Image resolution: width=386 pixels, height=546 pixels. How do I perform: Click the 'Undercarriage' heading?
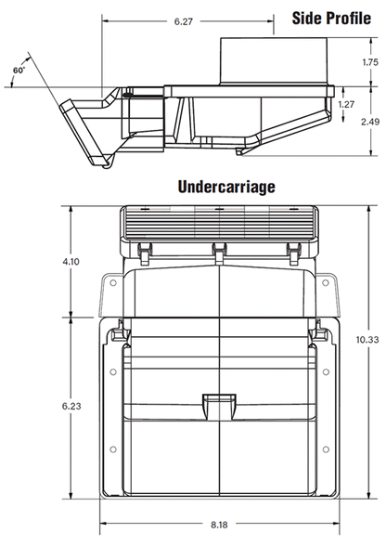point(226,187)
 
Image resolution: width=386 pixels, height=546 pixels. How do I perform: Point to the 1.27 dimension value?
point(346,104)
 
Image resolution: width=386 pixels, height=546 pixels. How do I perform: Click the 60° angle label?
point(18,70)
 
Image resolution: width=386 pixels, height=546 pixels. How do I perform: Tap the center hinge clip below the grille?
point(218,251)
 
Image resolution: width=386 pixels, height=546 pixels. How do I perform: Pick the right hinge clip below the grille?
point(293,251)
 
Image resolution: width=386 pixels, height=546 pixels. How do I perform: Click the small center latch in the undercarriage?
point(218,403)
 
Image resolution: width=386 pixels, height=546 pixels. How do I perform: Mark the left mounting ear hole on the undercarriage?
point(109,279)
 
